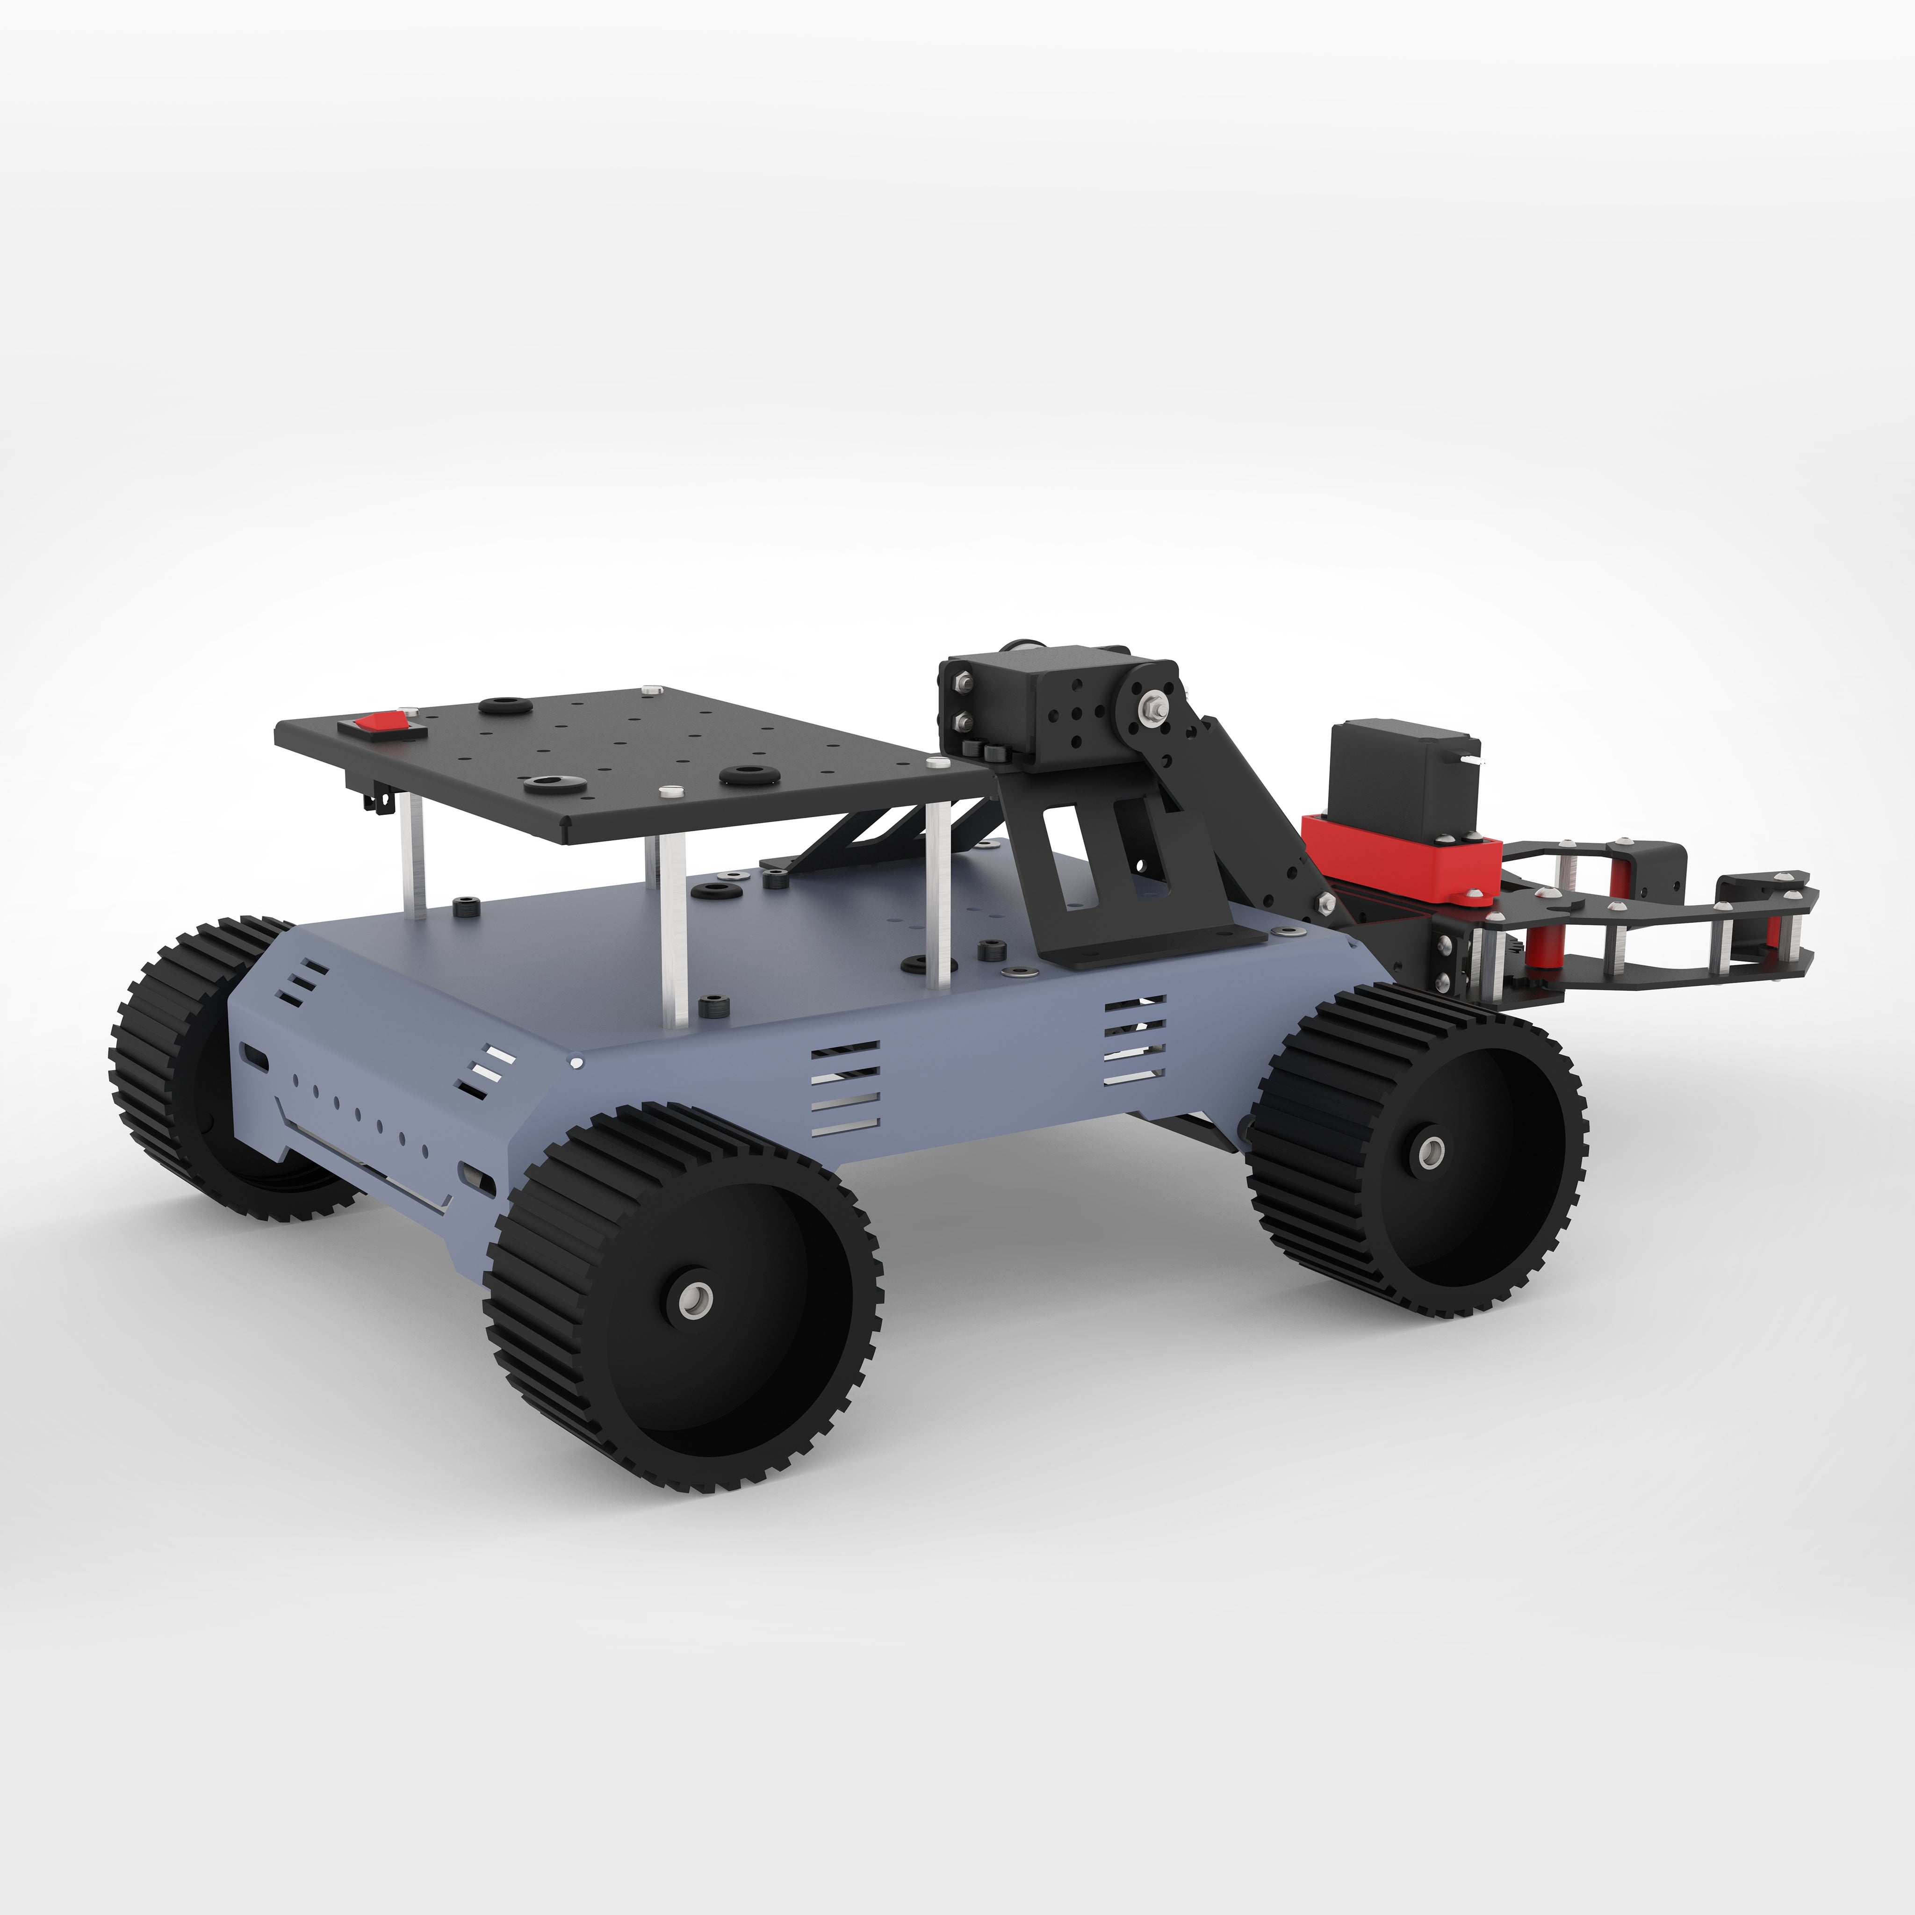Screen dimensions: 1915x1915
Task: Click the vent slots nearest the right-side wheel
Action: (1135, 1041)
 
